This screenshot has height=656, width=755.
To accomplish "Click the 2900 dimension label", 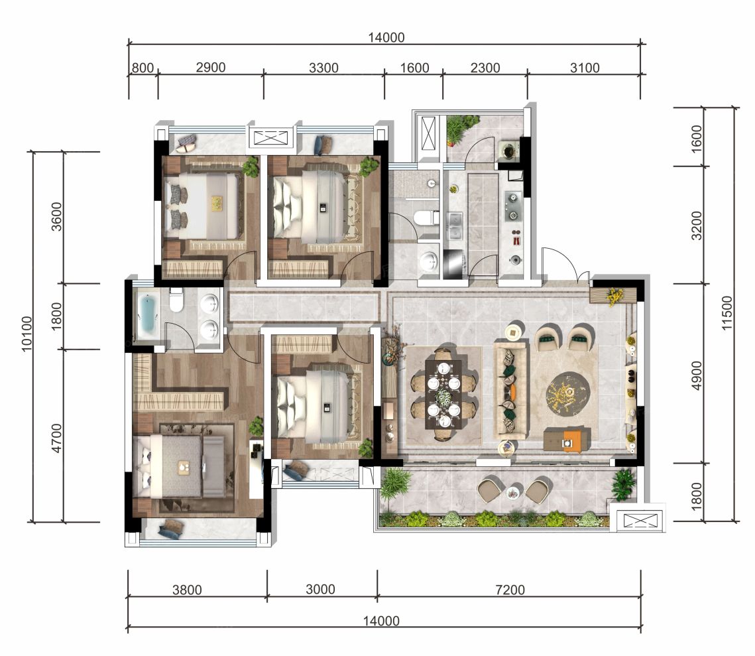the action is coord(210,68).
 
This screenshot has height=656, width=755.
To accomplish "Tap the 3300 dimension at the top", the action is coord(323,68).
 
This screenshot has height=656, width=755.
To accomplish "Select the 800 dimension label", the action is coord(143,68).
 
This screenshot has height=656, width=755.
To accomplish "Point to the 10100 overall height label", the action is coord(27,334).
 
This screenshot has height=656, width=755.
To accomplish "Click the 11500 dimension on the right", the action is coord(726,313).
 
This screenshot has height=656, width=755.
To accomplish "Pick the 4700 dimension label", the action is coord(57,438).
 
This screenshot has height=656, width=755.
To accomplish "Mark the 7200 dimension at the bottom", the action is coord(510,590).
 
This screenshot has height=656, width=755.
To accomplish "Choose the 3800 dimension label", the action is coord(187,590).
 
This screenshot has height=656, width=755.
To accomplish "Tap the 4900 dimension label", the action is coord(696,375).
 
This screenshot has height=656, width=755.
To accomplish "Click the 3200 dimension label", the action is coord(696,226).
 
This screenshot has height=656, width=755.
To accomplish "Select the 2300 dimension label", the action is coord(485,68).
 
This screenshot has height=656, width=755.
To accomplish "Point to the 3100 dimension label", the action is coord(585,68).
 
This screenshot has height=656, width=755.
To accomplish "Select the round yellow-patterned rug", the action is coord(568,393).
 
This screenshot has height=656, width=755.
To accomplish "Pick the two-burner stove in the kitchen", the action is coord(513,206).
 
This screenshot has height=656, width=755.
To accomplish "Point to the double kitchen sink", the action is coord(455,226).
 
